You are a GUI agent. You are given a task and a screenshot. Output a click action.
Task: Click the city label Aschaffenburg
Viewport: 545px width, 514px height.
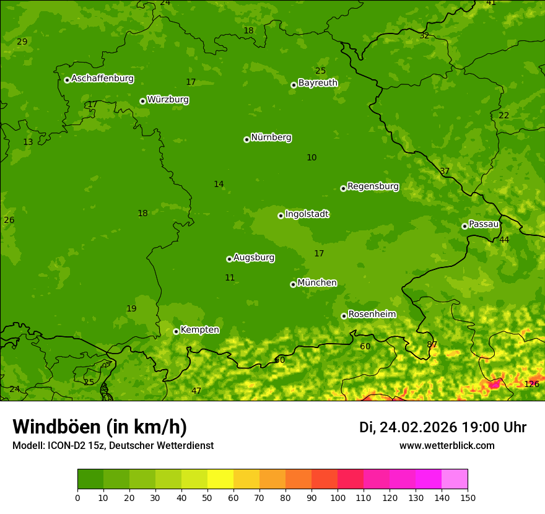point(102,79)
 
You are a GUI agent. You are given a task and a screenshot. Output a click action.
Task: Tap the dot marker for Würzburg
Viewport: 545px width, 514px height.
point(142,101)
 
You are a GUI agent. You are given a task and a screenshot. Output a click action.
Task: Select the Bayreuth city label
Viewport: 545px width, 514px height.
point(318,83)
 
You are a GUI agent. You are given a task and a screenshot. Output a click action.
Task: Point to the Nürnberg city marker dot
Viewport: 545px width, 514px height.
point(246,139)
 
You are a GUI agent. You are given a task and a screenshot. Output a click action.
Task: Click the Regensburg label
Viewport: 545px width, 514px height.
point(373,186)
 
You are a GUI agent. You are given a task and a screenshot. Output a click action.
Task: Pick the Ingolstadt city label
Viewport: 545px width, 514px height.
point(307,214)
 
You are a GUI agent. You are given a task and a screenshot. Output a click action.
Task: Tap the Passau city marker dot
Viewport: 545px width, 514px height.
point(464,226)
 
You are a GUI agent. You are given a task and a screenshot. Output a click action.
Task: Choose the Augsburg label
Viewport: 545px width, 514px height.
point(253,258)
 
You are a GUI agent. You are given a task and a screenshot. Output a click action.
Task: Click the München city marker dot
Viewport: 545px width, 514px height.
point(293,284)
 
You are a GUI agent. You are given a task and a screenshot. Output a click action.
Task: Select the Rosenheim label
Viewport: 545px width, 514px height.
point(372,315)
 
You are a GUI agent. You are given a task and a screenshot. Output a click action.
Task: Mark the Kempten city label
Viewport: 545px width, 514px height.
point(199,330)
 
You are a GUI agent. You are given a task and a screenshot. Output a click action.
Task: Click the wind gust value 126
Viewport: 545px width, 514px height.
point(531,384)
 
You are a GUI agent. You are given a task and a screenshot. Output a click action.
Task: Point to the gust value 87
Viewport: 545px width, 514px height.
point(432,344)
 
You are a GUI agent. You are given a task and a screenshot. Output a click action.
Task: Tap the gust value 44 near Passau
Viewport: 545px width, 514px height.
point(504,240)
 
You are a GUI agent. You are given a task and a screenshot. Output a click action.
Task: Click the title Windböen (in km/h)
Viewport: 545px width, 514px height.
point(100,427)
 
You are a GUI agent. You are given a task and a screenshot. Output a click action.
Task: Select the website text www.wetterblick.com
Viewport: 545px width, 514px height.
point(447,446)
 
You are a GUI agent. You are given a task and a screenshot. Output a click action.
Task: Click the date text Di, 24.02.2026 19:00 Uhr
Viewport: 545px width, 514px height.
point(442,427)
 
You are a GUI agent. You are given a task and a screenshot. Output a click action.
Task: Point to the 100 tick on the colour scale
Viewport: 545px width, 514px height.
point(338,497)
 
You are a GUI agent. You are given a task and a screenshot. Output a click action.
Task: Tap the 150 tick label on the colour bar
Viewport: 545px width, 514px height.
point(468,497)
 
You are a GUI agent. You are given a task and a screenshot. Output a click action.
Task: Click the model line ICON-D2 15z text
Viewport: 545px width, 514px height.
point(113,446)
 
